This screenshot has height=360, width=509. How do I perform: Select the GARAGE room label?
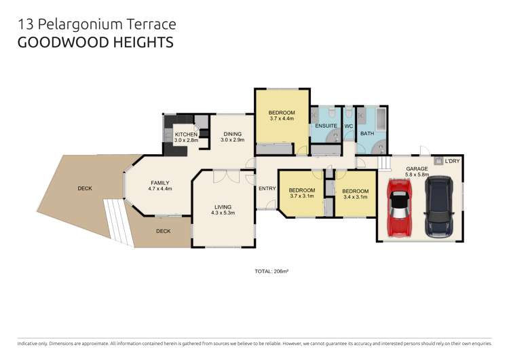coord(417,168)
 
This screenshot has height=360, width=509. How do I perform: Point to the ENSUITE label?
coord(326,126)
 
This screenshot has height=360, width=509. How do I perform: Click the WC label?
coord(349,126)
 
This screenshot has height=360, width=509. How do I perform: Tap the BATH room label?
coord(367,133)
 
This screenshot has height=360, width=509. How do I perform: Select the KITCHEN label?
coord(186,134)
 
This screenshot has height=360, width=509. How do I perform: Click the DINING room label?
coord(233,134)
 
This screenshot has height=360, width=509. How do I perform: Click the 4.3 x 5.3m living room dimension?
coord(223,214)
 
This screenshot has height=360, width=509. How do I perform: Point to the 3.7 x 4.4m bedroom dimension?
coord(281,119)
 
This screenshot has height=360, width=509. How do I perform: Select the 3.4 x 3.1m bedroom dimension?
coord(354,197)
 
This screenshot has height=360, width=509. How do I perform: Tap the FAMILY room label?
coord(160,183)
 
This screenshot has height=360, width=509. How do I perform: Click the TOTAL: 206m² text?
coord(272,271)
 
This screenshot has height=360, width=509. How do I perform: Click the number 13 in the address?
coord(24,24)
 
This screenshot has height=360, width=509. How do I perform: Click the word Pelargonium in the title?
coord(78,25)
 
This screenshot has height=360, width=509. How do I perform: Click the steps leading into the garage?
coord(385,164)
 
